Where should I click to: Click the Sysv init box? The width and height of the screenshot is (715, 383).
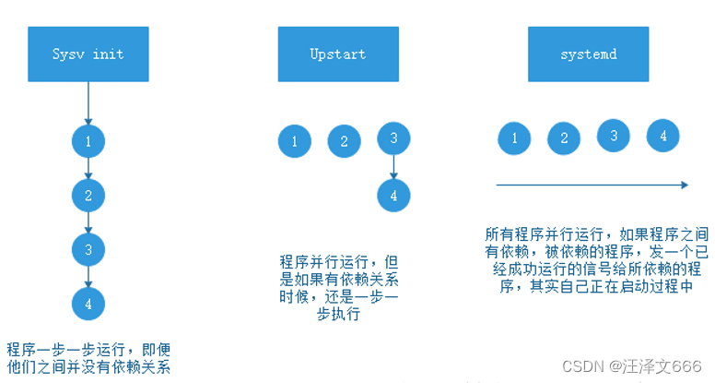(x=88, y=54)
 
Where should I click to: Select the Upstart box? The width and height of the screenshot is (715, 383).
(x=338, y=54)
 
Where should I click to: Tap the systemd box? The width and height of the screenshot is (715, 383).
(x=588, y=54)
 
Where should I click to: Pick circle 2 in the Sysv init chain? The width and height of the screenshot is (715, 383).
(x=88, y=195)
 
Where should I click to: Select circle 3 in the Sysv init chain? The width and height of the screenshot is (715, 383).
(x=88, y=248)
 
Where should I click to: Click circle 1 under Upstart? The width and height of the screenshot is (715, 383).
(x=294, y=141)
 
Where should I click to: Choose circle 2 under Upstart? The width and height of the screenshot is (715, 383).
(x=344, y=141)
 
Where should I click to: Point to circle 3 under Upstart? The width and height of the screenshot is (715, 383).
(x=393, y=138)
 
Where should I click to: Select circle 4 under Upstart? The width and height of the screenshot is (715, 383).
(x=393, y=195)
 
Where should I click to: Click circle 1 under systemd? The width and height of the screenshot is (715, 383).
(x=513, y=138)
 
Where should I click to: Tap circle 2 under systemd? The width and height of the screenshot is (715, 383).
(x=563, y=138)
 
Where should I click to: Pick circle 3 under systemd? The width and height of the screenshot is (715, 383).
(x=613, y=135)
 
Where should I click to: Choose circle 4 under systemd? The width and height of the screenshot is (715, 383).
(x=662, y=136)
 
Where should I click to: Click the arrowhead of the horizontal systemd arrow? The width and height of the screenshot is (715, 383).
(x=684, y=185)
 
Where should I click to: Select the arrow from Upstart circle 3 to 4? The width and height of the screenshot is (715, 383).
(x=393, y=167)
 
